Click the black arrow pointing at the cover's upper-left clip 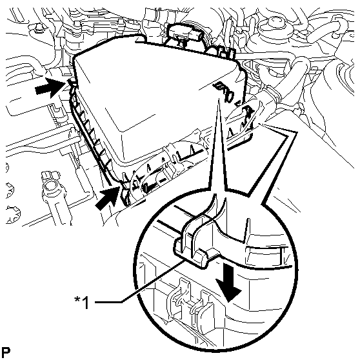(x=50, y=88)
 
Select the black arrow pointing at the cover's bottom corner (x=108, y=198)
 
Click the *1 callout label (x=81, y=303)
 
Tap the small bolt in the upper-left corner (x=38, y=28)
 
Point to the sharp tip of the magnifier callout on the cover (x=219, y=97)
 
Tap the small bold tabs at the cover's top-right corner (x=226, y=54)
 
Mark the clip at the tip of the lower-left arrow (x=126, y=192)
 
